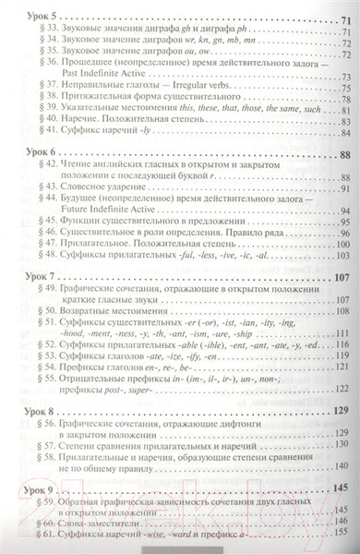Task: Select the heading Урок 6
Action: coord(40,153)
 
